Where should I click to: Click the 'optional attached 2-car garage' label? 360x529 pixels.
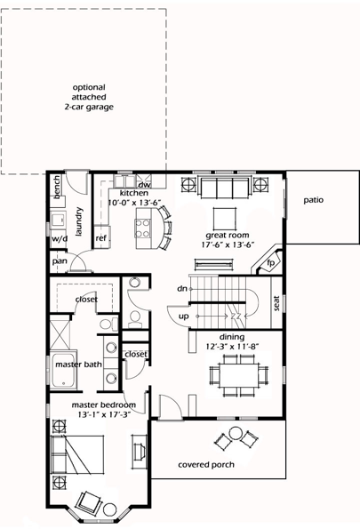click(88, 97)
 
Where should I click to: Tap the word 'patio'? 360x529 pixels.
click(312, 200)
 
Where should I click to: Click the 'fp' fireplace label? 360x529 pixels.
click(270, 263)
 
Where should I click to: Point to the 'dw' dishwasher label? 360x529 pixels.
click(144, 184)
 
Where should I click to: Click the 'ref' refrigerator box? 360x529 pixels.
click(101, 238)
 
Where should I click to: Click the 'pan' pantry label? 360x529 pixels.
click(60, 261)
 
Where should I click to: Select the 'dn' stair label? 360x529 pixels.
click(182, 288)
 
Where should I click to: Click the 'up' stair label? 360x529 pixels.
click(183, 316)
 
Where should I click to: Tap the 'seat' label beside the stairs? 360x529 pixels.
click(276, 302)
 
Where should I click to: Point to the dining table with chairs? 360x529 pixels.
click(239, 373)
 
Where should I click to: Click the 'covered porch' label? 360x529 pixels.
click(207, 465)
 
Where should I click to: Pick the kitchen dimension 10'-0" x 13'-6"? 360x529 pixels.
click(133, 203)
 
